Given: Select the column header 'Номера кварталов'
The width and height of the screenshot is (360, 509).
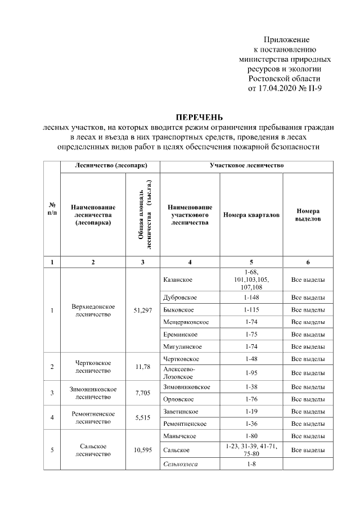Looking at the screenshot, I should click(x=251, y=215).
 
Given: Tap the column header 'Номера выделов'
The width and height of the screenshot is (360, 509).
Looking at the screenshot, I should click(x=308, y=215).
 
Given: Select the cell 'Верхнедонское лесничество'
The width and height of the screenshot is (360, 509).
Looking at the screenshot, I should click(x=93, y=310).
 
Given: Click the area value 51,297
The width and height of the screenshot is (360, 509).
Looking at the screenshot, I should click(x=143, y=310).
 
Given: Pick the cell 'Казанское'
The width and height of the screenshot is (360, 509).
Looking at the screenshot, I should click(x=178, y=280).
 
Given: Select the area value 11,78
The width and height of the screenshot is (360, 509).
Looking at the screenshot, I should click(x=143, y=367).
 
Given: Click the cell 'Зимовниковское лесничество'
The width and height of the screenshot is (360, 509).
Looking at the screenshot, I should click(x=93, y=393).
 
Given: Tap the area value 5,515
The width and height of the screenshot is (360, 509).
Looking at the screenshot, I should click(x=143, y=417).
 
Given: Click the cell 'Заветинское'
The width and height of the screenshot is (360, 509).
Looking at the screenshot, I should click(x=180, y=411).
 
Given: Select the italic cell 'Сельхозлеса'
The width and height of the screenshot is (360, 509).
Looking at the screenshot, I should click(x=181, y=463).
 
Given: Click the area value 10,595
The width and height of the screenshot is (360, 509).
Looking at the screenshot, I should click(x=143, y=450).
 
